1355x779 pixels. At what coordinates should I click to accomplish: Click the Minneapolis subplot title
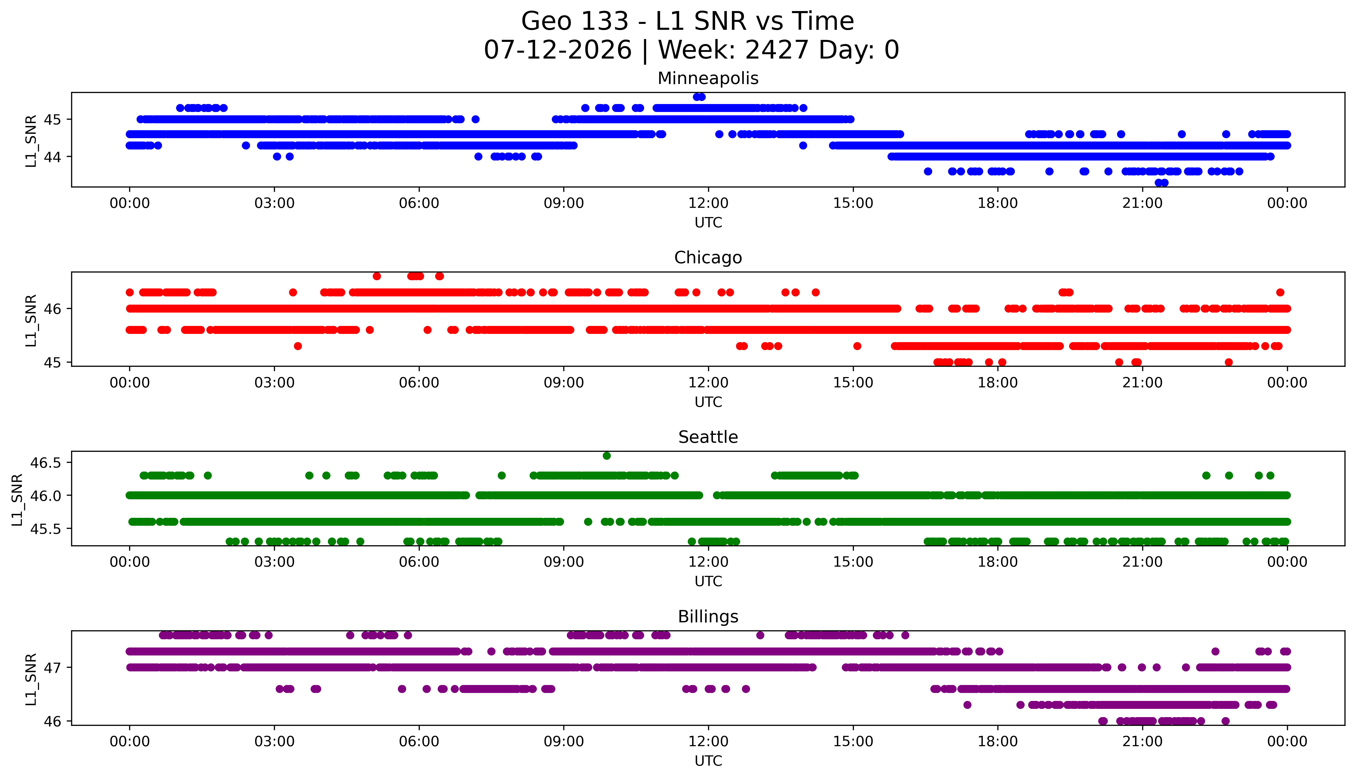(x=708, y=78)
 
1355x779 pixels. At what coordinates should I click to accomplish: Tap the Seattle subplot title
(x=708, y=437)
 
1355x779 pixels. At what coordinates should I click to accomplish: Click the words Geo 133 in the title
(x=575, y=21)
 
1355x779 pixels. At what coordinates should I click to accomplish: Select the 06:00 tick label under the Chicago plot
(x=419, y=382)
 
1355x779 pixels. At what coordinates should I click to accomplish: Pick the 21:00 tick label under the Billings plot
(x=1143, y=742)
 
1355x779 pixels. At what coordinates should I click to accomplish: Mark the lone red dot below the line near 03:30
(x=298, y=346)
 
